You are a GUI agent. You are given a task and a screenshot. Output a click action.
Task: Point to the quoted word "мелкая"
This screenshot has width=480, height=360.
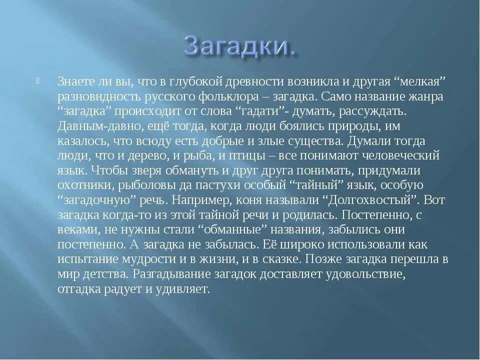(x=420, y=81)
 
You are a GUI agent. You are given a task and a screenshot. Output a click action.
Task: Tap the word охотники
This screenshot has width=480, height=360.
(x=87, y=186)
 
